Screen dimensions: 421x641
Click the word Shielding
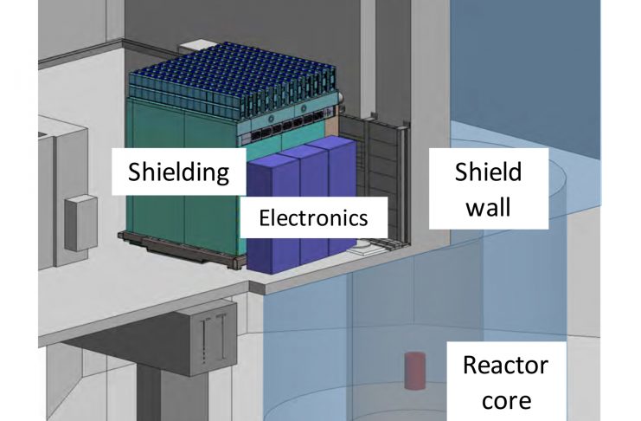click(178, 171)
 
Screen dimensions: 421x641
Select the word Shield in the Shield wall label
click(489, 172)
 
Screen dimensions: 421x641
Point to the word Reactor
click(505, 364)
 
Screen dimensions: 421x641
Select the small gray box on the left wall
click(80, 223)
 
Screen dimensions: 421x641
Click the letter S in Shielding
click(134, 171)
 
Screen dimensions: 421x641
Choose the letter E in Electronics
click(266, 217)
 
